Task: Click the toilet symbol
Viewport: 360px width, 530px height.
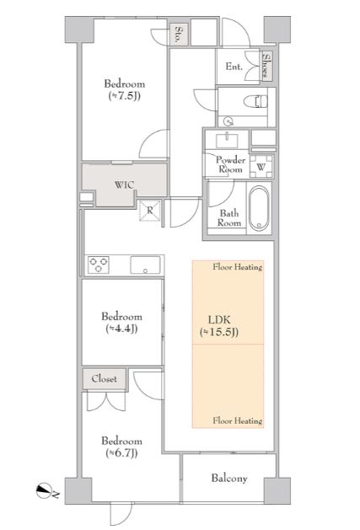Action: coord(255,101)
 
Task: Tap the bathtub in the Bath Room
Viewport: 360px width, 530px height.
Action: coord(259,208)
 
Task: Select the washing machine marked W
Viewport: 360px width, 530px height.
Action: coord(261,166)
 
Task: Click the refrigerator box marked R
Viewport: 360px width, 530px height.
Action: coord(150,211)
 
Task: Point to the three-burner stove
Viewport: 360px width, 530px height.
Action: coord(99,265)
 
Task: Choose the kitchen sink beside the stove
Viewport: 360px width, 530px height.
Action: coord(145,265)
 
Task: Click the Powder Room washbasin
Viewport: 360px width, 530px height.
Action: coord(227,140)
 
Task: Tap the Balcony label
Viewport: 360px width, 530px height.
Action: coord(229,478)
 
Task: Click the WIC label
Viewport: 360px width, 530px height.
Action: coord(124,185)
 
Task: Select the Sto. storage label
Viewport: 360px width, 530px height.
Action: coord(178,35)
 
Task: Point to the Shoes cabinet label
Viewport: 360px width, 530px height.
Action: coord(266,66)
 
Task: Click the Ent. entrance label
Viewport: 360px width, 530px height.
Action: coord(234,67)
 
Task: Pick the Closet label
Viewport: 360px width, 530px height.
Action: coord(105,378)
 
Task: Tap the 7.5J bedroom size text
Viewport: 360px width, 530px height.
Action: coord(124,96)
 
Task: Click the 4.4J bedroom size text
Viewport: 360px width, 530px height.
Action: coord(121,329)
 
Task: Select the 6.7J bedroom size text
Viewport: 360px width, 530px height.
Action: coord(121,453)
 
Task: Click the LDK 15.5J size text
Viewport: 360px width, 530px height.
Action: coord(219,332)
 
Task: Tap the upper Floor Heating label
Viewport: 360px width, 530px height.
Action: coord(238,267)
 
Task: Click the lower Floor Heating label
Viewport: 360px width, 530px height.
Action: coord(238,420)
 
